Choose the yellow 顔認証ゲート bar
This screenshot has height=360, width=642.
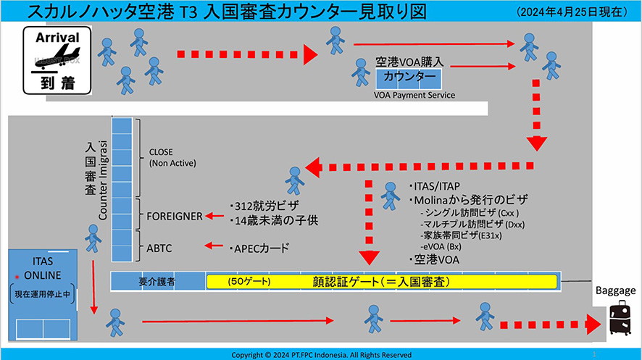pos(382,281)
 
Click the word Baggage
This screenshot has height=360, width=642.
pos(615,290)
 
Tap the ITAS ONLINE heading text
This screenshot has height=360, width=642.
pos(43,267)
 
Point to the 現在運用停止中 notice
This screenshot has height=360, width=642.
pos(43,295)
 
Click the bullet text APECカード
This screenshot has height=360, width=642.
pos(259,248)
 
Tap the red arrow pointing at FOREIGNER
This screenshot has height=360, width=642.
pos(214,216)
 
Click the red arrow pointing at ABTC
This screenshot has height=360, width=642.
pos(214,246)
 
